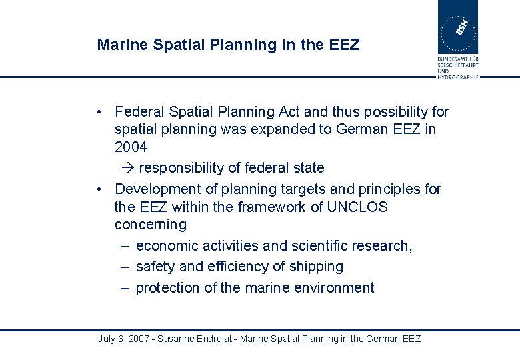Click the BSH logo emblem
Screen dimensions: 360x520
[x=457, y=27]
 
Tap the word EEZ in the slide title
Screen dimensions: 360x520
[x=344, y=45]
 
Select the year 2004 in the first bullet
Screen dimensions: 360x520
[x=131, y=147]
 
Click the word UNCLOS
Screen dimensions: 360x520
[x=357, y=207]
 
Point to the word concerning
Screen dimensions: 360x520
[x=151, y=225]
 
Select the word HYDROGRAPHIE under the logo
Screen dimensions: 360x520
[x=458, y=77]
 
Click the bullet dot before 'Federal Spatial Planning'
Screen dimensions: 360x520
[x=98, y=111]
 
